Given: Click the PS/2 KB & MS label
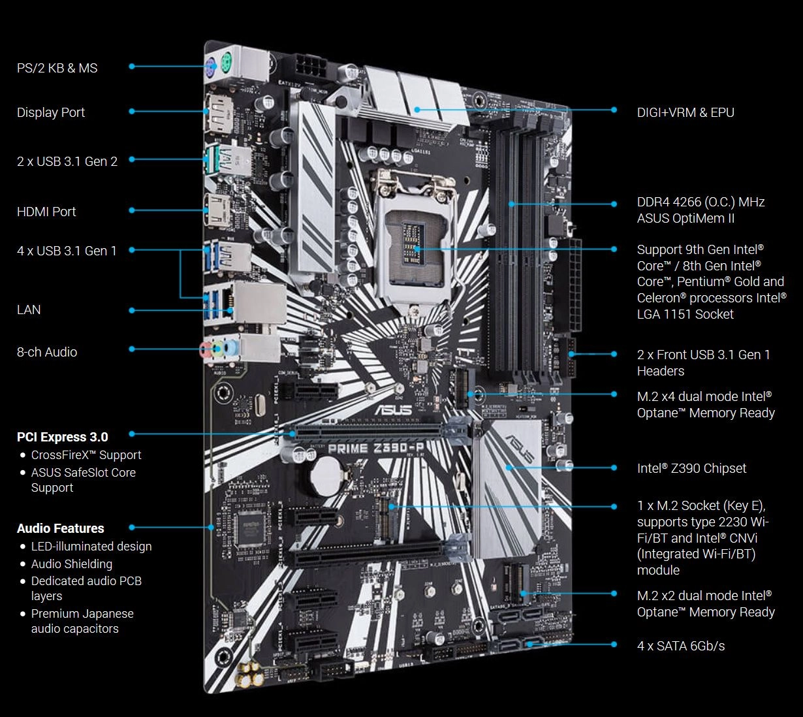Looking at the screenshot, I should pos(57,68).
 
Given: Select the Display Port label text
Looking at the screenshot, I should pos(51,112).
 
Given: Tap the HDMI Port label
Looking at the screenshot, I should pos(46,212).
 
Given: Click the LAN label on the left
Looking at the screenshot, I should pos(29,310).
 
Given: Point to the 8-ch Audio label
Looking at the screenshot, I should pos(47,352).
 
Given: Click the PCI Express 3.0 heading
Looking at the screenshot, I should pos(63,437).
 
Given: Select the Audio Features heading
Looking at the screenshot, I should pos(61,528).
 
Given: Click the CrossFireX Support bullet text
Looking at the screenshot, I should pos(86,455).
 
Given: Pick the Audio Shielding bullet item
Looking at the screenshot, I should pos(72,564).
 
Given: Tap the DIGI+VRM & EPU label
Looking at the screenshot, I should pos(685,112).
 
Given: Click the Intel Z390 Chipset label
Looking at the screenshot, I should pos(691,468).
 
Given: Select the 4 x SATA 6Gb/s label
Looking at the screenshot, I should pos(681,646).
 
